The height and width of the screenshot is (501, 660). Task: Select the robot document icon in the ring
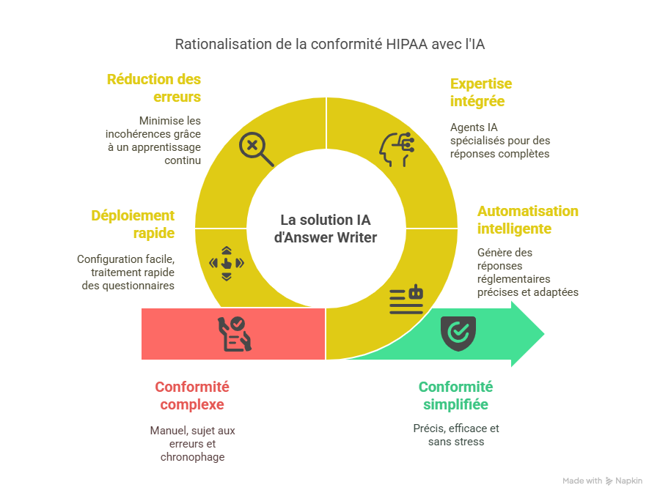pyautogui.click(x=406, y=300)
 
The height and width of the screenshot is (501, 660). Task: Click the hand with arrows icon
pyautogui.click(x=227, y=263)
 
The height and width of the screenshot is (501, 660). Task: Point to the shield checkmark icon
pyautogui.click(x=458, y=333)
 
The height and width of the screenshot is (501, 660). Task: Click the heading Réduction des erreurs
pyautogui.click(x=154, y=88)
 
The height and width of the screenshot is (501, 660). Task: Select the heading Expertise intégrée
pyautogui.click(x=481, y=92)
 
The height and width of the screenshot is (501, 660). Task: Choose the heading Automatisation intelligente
pyautogui.click(x=527, y=220)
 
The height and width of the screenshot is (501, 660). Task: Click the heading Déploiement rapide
pyautogui.click(x=133, y=224)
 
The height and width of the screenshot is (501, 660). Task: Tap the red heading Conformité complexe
pyautogui.click(x=192, y=396)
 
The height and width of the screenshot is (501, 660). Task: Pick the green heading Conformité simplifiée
pyautogui.click(x=455, y=396)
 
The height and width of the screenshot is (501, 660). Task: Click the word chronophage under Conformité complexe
pyautogui.click(x=193, y=457)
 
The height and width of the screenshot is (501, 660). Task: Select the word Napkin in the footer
pyautogui.click(x=629, y=481)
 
